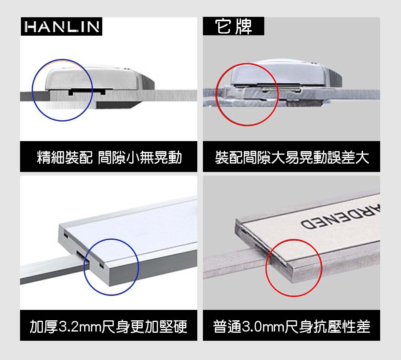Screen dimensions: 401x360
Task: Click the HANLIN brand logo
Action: point(61,26)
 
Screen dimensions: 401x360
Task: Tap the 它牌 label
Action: point(233,26)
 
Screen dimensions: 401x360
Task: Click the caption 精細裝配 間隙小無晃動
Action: point(109,157)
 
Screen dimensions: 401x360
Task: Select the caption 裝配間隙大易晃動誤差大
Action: point(292,157)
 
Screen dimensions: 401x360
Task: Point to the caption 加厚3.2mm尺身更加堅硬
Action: point(108,326)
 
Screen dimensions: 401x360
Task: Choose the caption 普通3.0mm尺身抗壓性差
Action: point(292,326)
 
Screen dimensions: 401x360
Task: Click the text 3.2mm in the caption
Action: point(80,327)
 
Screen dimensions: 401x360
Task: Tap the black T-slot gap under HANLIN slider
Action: point(87,91)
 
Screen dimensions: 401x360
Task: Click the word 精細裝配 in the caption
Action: point(65,157)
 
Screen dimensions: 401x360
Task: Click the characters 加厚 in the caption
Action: point(44,326)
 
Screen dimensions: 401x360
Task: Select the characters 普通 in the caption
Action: point(227,326)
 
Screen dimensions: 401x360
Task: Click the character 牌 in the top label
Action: point(244,26)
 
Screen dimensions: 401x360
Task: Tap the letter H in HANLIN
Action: point(30,27)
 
